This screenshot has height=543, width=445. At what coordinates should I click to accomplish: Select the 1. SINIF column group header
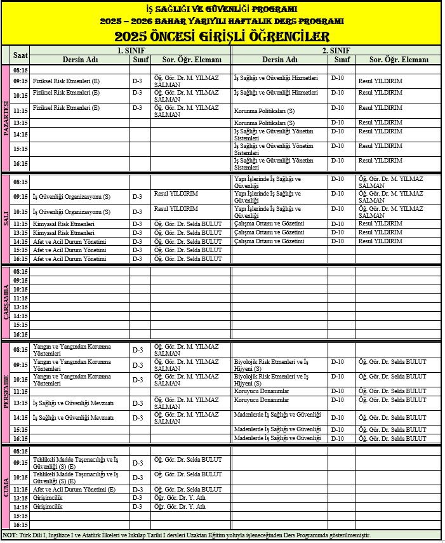(130, 50)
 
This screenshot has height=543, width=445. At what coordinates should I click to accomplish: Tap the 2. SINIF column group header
(334, 50)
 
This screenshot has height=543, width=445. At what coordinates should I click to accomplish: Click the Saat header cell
(20, 55)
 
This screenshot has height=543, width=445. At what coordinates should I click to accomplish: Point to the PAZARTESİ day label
(6, 118)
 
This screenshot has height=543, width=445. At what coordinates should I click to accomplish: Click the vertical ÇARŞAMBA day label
(6, 303)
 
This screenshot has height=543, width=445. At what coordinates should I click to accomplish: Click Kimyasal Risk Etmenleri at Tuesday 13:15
(63, 232)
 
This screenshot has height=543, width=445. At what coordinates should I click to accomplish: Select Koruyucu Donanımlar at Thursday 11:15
(262, 391)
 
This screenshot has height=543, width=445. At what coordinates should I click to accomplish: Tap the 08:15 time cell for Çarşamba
(20, 272)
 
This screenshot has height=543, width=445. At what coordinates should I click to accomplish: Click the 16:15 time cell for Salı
(20, 259)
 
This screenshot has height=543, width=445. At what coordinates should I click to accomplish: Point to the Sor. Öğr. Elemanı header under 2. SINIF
(399, 60)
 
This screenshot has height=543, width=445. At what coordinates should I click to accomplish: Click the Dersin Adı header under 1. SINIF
(79, 60)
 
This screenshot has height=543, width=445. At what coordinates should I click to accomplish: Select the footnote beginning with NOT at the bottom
(187, 535)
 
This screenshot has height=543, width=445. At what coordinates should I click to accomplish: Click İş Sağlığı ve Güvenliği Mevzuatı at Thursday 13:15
(73, 403)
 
